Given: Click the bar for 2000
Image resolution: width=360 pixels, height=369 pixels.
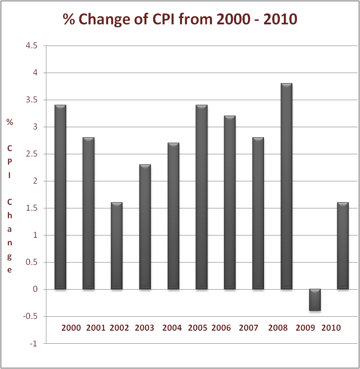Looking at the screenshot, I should pyautogui.click(x=60, y=197).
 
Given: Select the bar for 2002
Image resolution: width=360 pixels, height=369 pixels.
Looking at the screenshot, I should pyautogui.click(x=117, y=246).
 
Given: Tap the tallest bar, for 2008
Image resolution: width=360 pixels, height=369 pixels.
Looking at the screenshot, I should pyautogui.click(x=287, y=186).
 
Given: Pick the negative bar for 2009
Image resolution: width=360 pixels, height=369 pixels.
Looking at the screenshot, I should pyautogui.click(x=314, y=300).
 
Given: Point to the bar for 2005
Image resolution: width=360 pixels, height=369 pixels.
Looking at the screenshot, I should pyautogui.click(x=202, y=197).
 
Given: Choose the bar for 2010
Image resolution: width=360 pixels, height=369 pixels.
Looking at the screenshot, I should pyautogui.click(x=343, y=246).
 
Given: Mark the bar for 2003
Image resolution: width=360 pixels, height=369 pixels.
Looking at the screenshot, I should pyautogui.click(x=145, y=227).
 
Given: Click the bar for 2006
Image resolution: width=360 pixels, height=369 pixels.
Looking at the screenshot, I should pyautogui.click(x=230, y=203).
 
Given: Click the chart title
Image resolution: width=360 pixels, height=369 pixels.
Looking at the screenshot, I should pyautogui.click(x=180, y=19).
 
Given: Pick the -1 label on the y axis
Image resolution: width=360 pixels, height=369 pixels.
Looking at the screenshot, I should pyautogui.click(x=33, y=343).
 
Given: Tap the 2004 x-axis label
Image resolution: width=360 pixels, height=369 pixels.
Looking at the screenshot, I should pyautogui.click(x=173, y=328).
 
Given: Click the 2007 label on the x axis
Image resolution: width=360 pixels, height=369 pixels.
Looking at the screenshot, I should pyautogui.click(x=249, y=328).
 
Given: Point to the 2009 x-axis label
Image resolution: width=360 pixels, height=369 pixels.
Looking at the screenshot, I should pyautogui.click(x=305, y=328).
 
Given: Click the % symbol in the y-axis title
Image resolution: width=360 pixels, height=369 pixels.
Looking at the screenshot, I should pyautogui.click(x=9, y=122).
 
